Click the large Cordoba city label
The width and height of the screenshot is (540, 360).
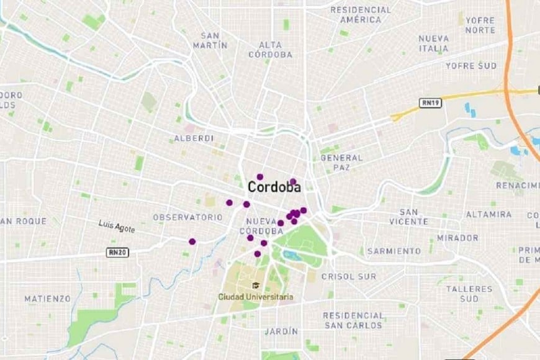[274, 187]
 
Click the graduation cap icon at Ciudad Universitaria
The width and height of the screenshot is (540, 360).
[255, 286]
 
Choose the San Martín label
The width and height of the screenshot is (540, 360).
[210, 41]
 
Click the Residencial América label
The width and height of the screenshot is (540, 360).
[361, 15]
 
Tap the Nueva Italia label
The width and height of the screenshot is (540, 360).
[433, 43]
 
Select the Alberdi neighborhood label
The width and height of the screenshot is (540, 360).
[194, 138]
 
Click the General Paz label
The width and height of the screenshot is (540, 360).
[341, 163]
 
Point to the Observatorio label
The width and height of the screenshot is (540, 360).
[187, 217]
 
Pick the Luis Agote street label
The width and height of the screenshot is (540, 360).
[117, 228]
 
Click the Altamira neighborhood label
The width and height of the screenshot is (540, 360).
[488, 214]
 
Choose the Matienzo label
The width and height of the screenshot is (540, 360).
[48, 299]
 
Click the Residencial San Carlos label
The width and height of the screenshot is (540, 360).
[353, 320]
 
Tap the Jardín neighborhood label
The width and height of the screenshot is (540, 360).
[281, 331]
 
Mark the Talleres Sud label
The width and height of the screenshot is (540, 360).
[469, 294]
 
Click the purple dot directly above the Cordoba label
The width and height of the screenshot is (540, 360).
[260, 177]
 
